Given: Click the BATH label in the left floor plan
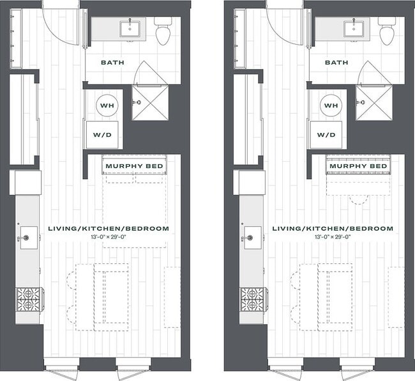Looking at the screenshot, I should [112, 63].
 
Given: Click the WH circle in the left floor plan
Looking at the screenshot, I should [107, 105].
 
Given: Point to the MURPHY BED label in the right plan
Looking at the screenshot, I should [358, 166].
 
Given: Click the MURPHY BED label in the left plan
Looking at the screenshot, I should [135, 166].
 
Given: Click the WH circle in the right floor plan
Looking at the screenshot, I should [330, 105].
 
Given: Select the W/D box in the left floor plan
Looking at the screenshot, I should [103, 135].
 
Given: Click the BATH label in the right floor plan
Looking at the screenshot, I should [336, 63].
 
